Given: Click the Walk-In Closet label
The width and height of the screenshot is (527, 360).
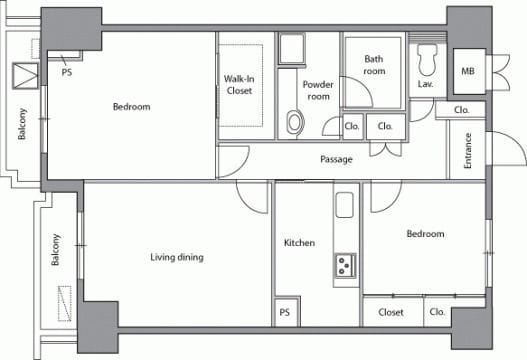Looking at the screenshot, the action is [x=239, y=85].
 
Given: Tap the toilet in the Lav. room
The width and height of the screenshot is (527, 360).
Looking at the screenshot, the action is [x=427, y=60].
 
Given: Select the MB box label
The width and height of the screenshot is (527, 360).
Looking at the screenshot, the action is [x=468, y=71].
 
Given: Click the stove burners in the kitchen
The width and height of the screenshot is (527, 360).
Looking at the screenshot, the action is [x=345, y=265].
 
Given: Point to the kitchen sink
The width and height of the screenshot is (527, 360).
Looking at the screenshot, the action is [x=344, y=205].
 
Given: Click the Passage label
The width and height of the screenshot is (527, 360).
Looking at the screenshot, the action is [x=336, y=159].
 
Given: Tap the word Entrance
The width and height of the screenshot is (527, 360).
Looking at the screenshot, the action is [x=468, y=151].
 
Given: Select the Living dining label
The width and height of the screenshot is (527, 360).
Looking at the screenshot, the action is [x=177, y=257].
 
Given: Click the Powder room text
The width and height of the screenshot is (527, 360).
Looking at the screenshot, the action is [x=318, y=90].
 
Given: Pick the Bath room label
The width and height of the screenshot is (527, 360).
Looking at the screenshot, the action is [x=374, y=65].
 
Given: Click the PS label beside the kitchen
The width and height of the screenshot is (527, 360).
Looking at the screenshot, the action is [x=284, y=312].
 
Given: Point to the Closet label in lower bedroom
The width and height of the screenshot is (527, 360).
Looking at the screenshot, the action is [x=391, y=312].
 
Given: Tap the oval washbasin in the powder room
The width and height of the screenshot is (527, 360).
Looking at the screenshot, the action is [x=295, y=122].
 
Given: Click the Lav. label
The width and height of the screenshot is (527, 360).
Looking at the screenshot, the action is [x=425, y=84].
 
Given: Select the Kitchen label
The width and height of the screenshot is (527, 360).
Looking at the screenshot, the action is [x=299, y=243].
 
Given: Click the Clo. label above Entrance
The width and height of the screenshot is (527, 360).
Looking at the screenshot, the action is [x=461, y=110].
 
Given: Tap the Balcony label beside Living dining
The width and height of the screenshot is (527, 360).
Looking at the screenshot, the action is [x=55, y=250].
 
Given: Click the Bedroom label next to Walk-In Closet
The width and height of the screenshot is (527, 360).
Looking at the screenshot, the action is [x=131, y=107].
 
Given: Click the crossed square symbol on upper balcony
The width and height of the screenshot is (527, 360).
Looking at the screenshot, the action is [x=26, y=76].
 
